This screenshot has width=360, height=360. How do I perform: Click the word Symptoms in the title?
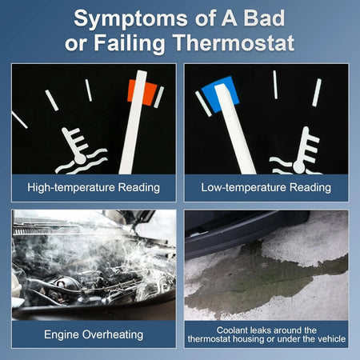point(130,19)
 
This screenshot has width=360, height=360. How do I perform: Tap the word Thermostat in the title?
point(234,42)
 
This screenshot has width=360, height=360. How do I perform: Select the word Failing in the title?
point(130,44)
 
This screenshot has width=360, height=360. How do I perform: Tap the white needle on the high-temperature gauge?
point(134,122)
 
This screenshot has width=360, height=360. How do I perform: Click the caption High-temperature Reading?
point(94,187)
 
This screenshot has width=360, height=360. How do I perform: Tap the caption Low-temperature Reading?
point(266,187)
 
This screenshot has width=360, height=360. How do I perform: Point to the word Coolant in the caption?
point(232,330)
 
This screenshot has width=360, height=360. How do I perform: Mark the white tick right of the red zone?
point(159,97)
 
